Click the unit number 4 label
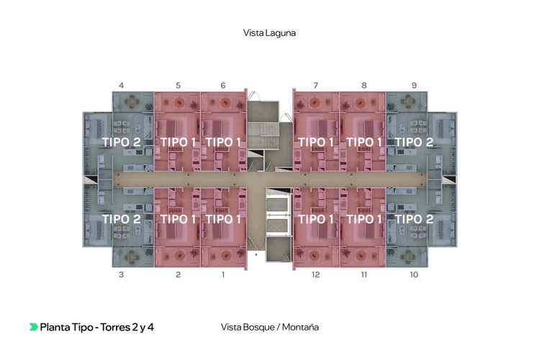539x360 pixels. tap(121, 86)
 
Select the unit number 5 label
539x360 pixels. tap(178, 86)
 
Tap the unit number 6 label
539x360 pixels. tap(223, 86)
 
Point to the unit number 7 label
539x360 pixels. tap(316, 86)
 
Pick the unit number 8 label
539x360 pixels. tap(364, 86)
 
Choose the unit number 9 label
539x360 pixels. tap(414, 86)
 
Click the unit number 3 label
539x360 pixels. tap(121, 275)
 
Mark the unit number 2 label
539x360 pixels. tap(178, 275)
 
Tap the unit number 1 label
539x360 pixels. tap(223, 275)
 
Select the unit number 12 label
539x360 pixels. tap(316, 275)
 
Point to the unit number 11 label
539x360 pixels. tap(364, 275)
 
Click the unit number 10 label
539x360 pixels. tap(414, 275)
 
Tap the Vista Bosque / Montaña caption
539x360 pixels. tap(271, 327)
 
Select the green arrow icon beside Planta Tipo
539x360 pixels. tap(33, 327)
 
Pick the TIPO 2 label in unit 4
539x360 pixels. tap(121, 143)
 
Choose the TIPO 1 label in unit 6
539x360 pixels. tap(223, 143)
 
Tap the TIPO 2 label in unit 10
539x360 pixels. tap(414, 219)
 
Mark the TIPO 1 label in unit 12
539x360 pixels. tap(316, 219)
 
